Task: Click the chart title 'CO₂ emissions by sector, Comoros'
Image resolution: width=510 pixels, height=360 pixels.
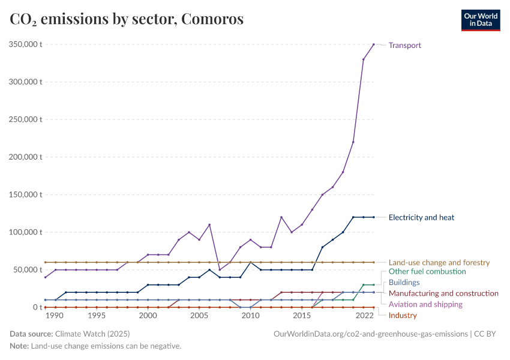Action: pyautogui.click(x=127, y=19)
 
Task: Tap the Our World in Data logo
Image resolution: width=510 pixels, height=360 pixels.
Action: pyautogui.click(x=480, y=20)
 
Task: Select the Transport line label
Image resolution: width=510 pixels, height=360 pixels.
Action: pyautogui.click(x=405, y=45)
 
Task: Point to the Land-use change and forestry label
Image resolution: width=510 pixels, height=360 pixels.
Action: pyautogui.click(x=439, y=263)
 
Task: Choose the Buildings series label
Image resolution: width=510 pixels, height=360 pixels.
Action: pyautogui.click(x=404, y=283)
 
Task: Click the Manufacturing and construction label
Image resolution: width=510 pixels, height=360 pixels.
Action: pyautogui.click(x=443, y=293)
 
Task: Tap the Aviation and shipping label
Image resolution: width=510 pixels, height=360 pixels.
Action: pyautogui.click(x=425, y=304)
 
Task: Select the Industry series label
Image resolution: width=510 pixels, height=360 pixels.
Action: pyautogui.click(x=403, y=315)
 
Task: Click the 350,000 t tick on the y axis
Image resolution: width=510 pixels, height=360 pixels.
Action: pyautogui.click(x=24, y=44)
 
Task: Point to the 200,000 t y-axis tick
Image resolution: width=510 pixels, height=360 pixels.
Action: pyautogui.click(x=24, y=157)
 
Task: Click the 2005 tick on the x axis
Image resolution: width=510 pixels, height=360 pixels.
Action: pyautogui.click(x=199, y=316)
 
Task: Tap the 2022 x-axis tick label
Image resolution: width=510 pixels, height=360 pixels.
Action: pyautogui.click(x=364, y=316)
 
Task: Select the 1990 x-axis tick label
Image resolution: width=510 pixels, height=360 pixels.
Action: pyautogui.click(x=55, y=316)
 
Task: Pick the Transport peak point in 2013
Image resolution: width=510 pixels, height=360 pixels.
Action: pyautogui.click(x=281, y=217)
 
